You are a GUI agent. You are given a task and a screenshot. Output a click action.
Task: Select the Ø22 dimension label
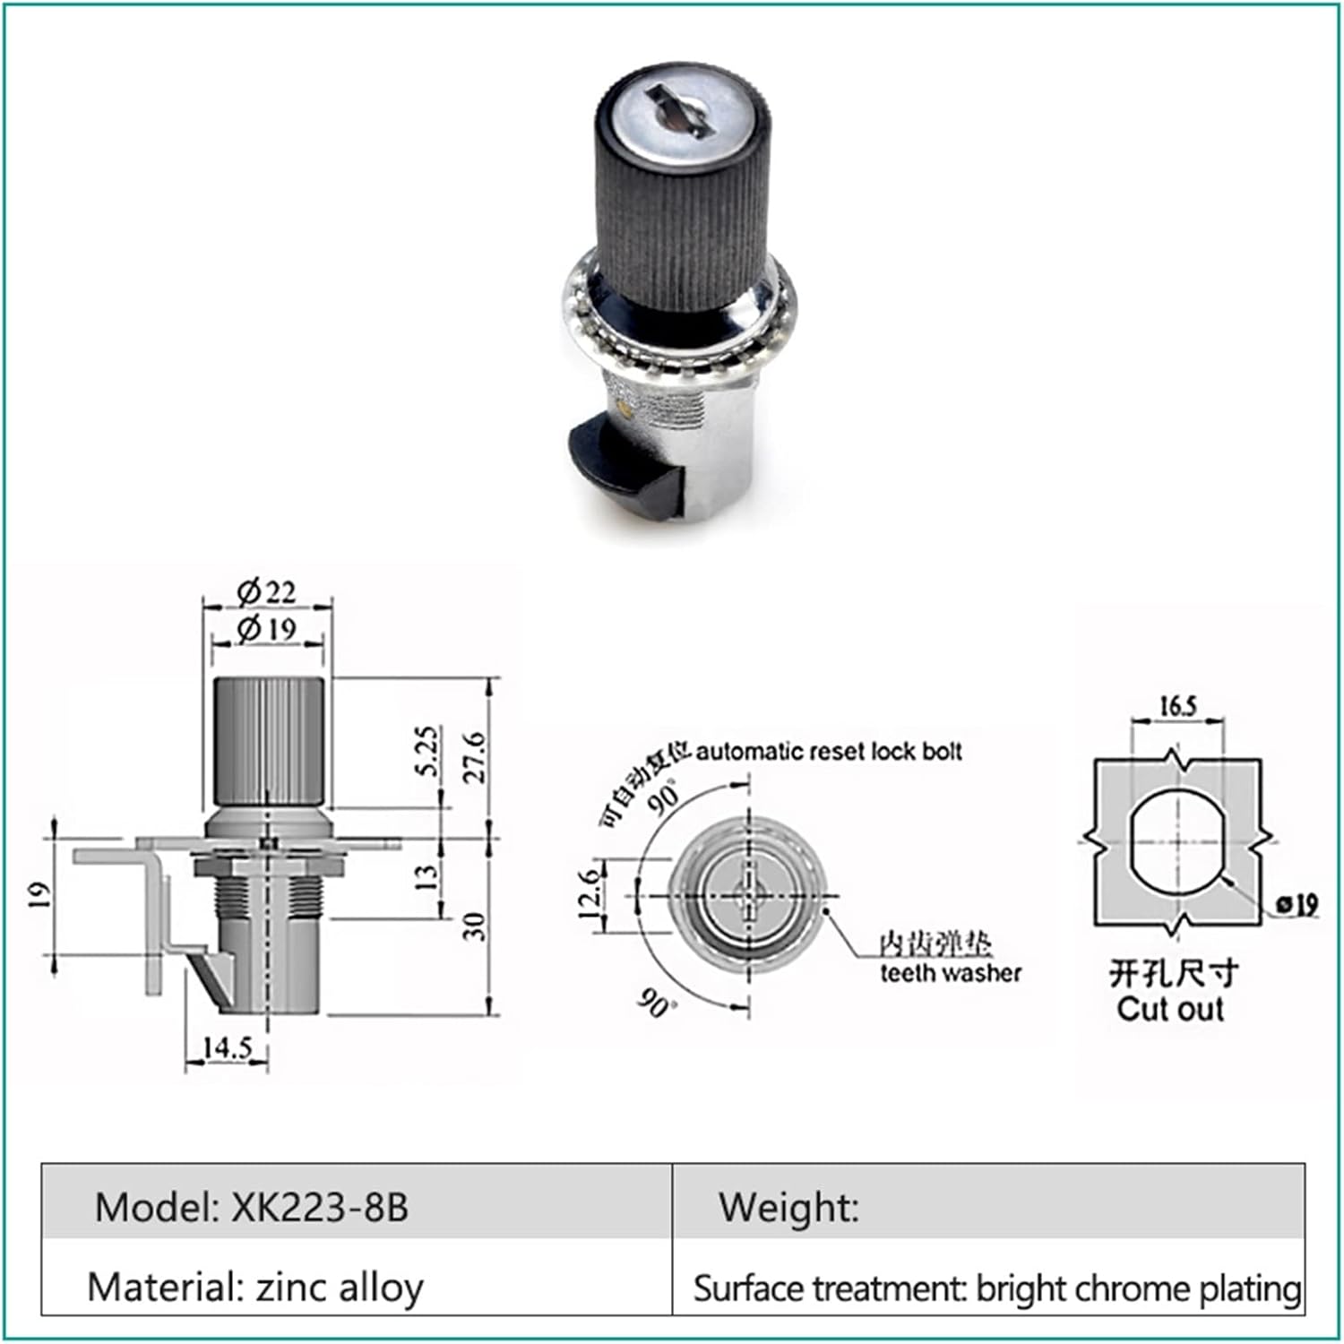click(267, 592)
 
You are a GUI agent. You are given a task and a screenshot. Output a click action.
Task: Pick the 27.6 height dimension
click(474, 757)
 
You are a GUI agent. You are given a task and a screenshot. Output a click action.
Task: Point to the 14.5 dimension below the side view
click(227, 1047)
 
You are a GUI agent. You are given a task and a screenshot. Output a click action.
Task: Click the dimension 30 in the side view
click(476, 926)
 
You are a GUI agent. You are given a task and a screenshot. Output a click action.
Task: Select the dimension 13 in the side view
click(429, 874)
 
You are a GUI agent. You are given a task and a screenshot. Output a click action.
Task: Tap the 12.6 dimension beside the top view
click(588, 894)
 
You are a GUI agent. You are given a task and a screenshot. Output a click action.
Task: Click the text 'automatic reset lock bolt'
click(829, 751)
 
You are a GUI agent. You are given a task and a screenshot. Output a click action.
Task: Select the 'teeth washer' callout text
click(950, 972)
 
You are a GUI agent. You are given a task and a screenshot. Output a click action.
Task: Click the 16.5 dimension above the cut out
click(1177, 706)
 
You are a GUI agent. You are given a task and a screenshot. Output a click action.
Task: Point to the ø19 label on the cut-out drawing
click(1297, 905)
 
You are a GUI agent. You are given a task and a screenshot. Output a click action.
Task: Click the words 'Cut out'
click(1170, 1009)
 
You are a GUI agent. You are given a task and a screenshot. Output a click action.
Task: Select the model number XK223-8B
click(320, 1207)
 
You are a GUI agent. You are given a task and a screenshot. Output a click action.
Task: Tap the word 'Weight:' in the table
click(788, 1207)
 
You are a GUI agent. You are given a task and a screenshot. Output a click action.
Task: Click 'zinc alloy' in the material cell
click(340, 1288)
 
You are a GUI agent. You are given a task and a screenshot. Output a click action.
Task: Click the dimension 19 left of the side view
click(39, 895)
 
